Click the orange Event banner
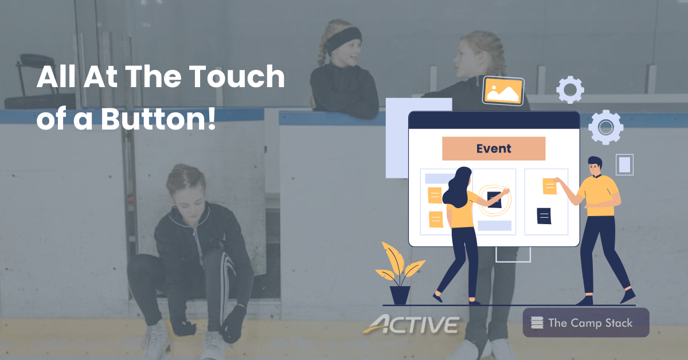pos(493,148)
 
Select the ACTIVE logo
pos(411,324)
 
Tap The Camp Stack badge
pos(586,323)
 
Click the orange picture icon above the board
pos(503,91)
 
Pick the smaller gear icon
pos(570,89)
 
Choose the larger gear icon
pos(605,127)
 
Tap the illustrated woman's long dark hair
pos(458,186)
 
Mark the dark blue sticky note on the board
pos(544,216)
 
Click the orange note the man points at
pos(550,186)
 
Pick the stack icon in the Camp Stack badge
pos(537,323)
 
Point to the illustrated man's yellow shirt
pos(599,195)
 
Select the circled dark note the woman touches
pos(494,199)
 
